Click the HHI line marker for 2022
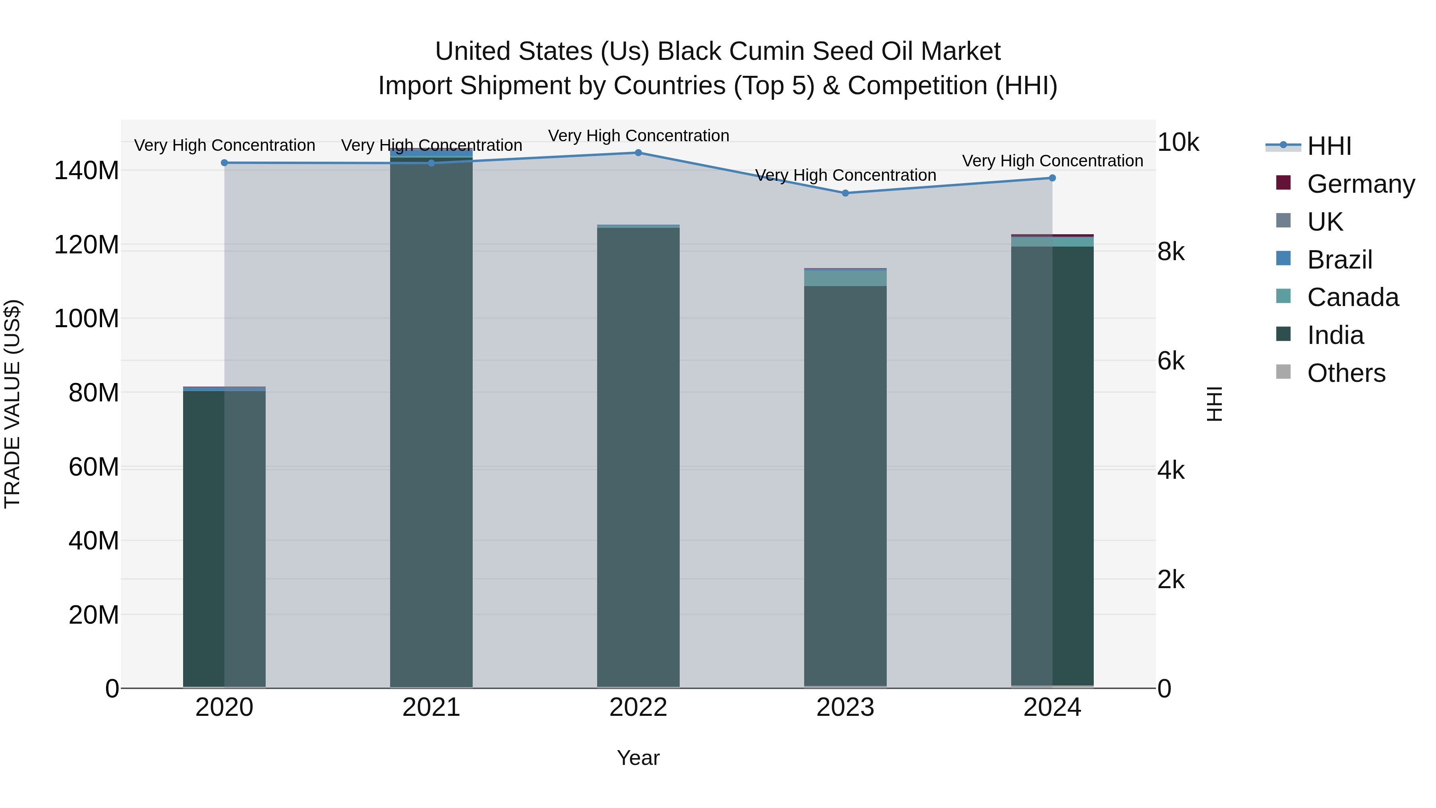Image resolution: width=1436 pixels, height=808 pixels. tap(638, 153)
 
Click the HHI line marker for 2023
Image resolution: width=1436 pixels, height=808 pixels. tap(845, 193)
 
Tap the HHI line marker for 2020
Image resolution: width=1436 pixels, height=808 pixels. tap(224, 163)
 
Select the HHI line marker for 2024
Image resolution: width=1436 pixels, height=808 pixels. tap(1052, 178)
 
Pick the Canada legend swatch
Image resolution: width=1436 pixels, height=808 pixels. tap(1283, 296)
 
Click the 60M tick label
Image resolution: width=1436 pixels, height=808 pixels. tap(94, 467)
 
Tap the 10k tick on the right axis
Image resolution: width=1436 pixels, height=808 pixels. tap(1178, 143)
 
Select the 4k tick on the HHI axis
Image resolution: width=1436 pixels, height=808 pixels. tap(1171, 471)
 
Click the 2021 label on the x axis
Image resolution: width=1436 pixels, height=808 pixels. tap(431, 707)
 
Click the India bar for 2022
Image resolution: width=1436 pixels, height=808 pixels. tap(638, 457)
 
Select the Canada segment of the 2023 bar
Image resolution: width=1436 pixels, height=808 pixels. tap(845, 278)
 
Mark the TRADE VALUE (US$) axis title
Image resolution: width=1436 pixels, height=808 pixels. tap(13, 404)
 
